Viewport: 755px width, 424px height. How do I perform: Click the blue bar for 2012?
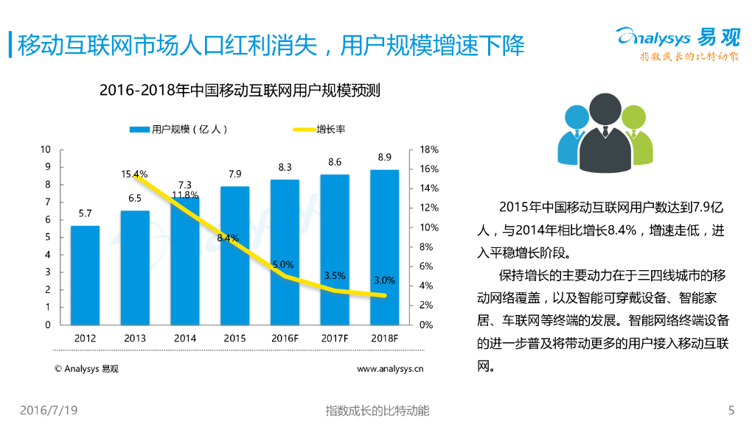pos(85,275)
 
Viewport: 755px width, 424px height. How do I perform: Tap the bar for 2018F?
pos(384,247)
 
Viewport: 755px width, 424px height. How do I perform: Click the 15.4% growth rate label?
pos(135,174)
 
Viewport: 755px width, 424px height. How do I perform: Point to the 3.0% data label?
pos(384,280)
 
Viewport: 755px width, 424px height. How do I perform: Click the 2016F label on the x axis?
pos(285,339)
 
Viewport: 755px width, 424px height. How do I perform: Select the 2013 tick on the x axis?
pos(135,339)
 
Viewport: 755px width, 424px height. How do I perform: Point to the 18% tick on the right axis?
pos(429,149)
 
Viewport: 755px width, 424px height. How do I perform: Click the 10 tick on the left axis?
pos(46,149)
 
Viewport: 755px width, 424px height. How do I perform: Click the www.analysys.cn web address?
pos(390,369)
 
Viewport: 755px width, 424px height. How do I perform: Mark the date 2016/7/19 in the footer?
pos(49,410)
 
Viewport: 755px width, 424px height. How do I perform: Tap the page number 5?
pos(731,410)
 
